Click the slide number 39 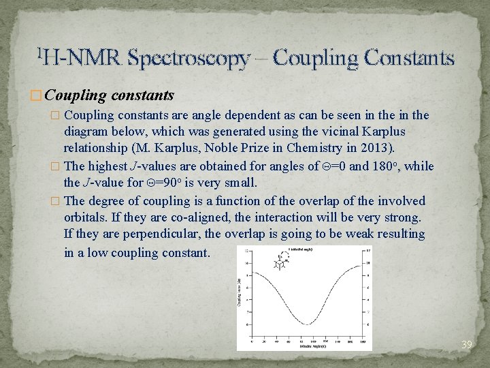(466, 345)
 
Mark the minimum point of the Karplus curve (308, 324)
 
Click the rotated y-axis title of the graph (240, 293)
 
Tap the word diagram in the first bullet (86, 132)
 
